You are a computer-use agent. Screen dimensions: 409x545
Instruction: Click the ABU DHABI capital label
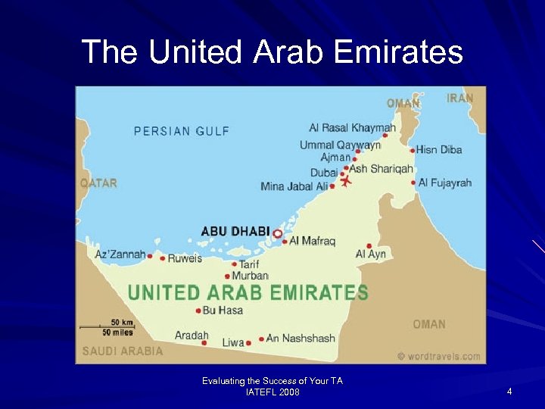point(235,231)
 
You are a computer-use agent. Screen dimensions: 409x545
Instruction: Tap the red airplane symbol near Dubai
point(347,182)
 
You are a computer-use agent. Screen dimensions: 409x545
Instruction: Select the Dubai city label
point(324,172)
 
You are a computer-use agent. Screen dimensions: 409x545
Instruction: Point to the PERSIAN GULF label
point(182,131)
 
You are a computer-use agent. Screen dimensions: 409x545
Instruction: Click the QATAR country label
point(99,183)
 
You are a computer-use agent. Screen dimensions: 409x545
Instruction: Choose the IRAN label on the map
point(460,98)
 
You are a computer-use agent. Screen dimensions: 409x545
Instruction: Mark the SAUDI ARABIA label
point(123,351)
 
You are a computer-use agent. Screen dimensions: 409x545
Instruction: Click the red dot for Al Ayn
point(369,245)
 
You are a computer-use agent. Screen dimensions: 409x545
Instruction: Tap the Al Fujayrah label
point(445,183)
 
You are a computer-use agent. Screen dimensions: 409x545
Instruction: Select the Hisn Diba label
point(440,149)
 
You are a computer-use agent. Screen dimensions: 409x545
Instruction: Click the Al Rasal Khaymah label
point(352,128)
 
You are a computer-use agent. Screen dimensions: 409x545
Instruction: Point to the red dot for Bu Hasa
point(198,311)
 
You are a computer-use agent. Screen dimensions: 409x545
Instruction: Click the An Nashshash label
point(301,339)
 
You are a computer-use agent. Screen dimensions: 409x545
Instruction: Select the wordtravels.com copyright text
point(438,356)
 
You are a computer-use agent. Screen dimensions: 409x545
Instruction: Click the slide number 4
point(509,392)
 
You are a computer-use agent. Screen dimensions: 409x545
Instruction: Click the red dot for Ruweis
point(163,258)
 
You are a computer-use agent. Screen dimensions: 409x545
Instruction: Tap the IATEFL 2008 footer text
point(272,392)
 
